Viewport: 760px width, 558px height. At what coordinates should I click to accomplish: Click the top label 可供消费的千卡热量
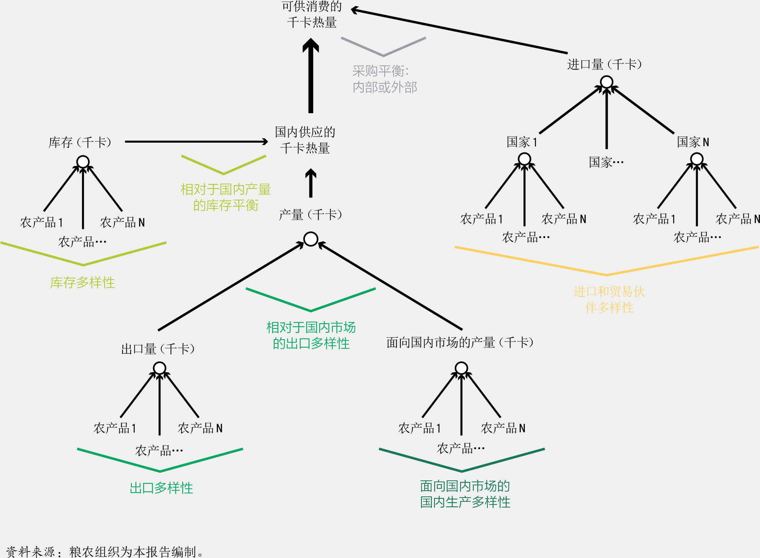click(312, 15)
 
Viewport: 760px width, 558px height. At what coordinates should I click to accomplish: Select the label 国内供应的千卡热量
click(305, 140)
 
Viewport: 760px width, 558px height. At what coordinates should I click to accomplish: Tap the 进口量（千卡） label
click(605, 64)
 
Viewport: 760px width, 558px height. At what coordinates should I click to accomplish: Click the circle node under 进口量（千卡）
click(606, 82)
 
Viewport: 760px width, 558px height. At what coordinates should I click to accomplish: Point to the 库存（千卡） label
click(80, 142)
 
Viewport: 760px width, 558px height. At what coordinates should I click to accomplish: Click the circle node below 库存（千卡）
click(83, 162)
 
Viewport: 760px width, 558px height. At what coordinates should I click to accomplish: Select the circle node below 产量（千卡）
click(311, 239)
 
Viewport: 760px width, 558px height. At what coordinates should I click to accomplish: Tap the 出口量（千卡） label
click(158, 349)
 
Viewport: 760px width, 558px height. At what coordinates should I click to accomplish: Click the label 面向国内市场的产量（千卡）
click(460, 342)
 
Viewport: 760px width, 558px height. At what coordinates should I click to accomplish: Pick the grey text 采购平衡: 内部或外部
click(384, 79)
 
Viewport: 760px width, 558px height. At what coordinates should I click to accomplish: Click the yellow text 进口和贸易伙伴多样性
click(609, 299)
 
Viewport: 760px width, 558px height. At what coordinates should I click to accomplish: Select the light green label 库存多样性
click(83, 283)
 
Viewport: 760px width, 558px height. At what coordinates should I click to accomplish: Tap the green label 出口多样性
click(161, 488)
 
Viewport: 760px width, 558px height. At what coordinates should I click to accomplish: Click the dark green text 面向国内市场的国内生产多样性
click(465, 494)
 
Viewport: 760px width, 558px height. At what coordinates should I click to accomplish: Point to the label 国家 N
click(693, 142)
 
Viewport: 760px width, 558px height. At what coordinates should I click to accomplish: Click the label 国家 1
click(522, 142)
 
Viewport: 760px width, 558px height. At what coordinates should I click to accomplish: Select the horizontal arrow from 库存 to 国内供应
click(196, 142)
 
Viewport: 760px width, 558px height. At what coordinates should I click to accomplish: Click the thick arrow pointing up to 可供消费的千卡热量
click(311, 76)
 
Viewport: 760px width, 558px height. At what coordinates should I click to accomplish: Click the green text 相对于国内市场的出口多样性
click(311, 335)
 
